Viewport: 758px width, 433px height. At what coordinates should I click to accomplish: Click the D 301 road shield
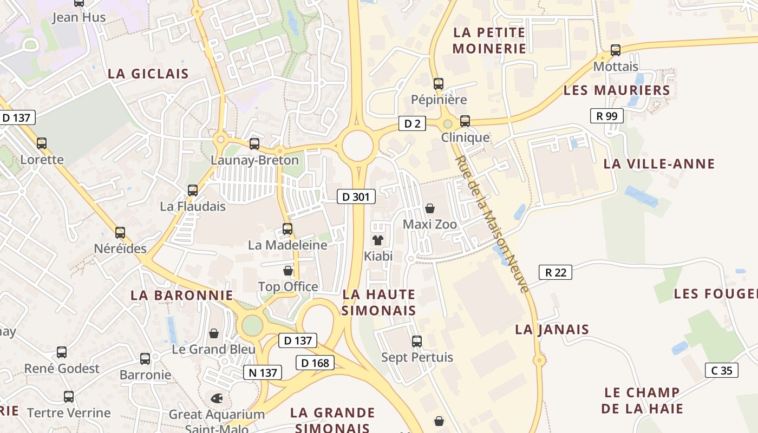[356, 196]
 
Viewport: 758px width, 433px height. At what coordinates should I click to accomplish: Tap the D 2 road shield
[412, 124]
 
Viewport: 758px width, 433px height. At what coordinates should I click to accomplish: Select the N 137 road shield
[263, 372]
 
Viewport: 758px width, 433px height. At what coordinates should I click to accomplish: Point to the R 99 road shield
[606, 116]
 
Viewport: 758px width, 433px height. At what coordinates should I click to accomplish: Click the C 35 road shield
[722, 370]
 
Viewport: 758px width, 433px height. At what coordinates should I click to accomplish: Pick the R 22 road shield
[556, 272]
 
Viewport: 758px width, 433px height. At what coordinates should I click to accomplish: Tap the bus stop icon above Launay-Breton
[254, 144]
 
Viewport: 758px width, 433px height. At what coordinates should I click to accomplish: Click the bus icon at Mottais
[616, 50]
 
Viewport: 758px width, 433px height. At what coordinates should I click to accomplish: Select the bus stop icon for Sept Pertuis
[417, 342]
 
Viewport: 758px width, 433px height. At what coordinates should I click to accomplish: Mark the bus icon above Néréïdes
[120, 233]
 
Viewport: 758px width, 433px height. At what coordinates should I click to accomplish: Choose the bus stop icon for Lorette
[42, 143]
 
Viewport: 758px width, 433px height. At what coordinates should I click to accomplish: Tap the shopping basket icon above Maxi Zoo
[430, 208]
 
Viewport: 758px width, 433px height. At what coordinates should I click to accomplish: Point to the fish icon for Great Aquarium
[217, 398]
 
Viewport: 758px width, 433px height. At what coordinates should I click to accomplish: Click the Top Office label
[288, 286]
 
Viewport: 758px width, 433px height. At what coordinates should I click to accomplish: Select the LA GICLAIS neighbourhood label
[148, 74]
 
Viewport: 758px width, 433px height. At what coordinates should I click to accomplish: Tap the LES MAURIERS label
[617, 90]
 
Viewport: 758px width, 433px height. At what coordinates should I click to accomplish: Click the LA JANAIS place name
[552, 329]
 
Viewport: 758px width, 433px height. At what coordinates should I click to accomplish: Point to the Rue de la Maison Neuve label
[491, 224]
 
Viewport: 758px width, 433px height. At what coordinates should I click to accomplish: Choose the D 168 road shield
[315, 363]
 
